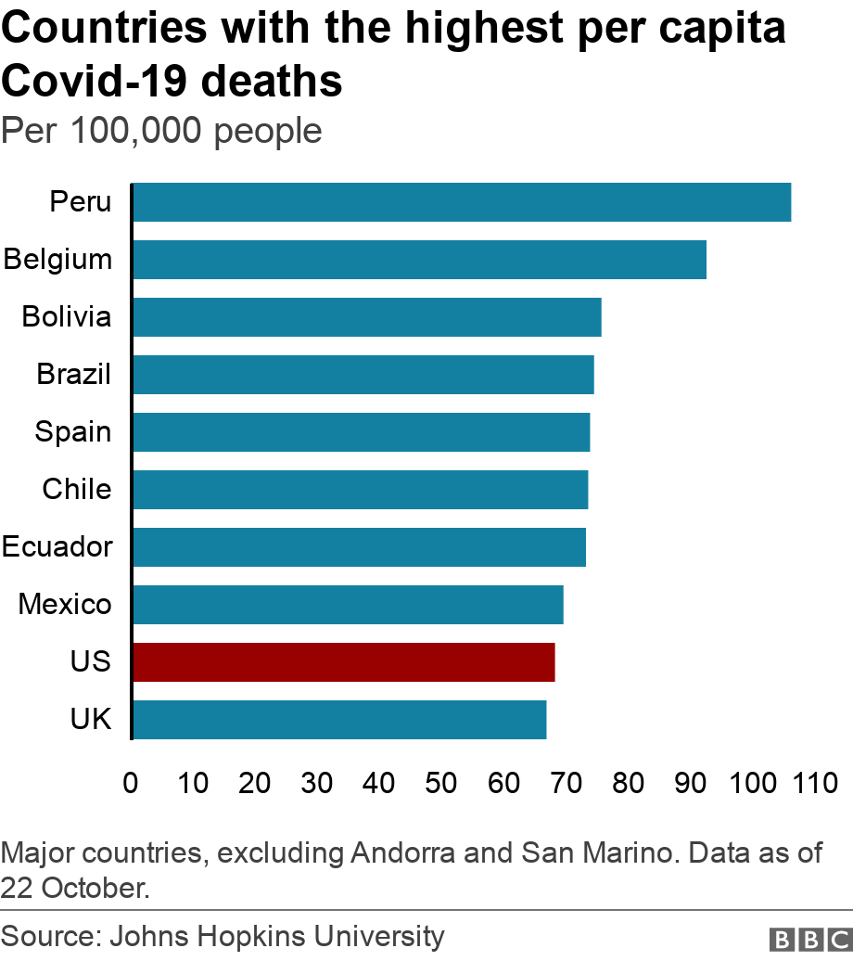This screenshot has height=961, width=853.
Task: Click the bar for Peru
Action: pos(462,202)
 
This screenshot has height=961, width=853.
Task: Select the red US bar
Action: pos(344,662)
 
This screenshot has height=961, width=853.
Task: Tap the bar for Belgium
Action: pos(419,260)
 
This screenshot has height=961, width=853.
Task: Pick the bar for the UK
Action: pos(339,720)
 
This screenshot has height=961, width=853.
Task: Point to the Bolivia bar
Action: pos(367,317)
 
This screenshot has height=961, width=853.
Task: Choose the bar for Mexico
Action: pos(348,605)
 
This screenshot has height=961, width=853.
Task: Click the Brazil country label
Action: pos(74,375)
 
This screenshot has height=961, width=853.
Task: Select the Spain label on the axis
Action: pos(73,432)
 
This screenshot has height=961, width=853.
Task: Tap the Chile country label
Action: pos(77,490)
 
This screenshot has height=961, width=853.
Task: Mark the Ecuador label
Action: pos(57,547)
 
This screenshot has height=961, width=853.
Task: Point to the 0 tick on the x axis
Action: pos(131,783)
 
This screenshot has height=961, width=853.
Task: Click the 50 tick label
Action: pos(441,783)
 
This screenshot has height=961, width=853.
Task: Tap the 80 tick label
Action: pos(628,783)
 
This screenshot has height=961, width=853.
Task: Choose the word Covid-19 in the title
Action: pos(93,82)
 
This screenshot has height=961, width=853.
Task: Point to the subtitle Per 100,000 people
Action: pos(161,131)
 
